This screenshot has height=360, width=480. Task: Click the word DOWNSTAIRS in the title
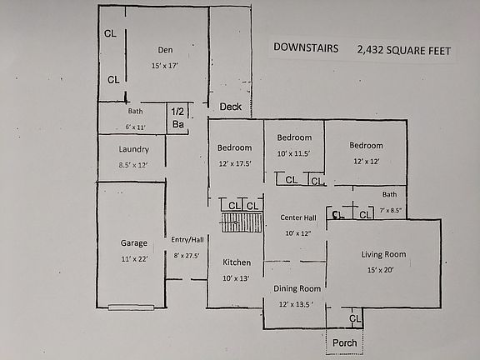click(x=306, y=48)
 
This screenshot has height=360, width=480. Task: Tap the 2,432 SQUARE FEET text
click(x=403, y=51)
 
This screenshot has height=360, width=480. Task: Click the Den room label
click(x=165, y=49)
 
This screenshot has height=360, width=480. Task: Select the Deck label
click(x=230, y=107)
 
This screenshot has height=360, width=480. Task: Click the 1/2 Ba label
click(x=178, y=117)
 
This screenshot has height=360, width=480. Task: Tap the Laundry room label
click(x=133, y=150)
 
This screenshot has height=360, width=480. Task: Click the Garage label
click(x=133, y=243)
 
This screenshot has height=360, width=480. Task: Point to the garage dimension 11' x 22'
click(x=133, y=260)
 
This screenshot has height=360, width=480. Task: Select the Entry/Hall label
click(x=187, y=240)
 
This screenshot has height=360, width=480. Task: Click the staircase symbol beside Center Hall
click(x=241, y=222)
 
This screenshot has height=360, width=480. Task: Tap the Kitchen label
click(x=236, y=262)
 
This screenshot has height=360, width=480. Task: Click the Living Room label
click(x=383, y=254)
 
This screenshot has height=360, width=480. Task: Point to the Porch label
click(x=344, y=342)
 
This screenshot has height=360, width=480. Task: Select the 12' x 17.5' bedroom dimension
click(x=234, y=163)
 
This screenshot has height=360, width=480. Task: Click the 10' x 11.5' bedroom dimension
click(x=294, y=153)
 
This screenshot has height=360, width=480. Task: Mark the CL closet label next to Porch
click(x=355, y=318)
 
